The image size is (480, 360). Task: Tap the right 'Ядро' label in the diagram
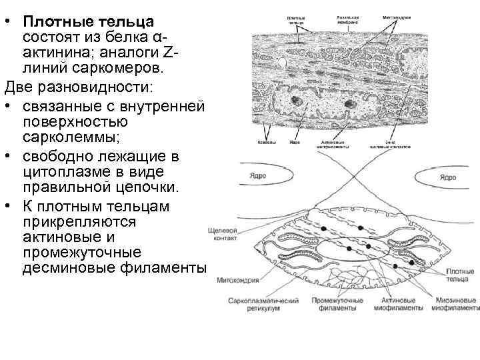(x=448, y=177)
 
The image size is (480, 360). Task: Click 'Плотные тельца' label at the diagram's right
(x=459, y=275)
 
